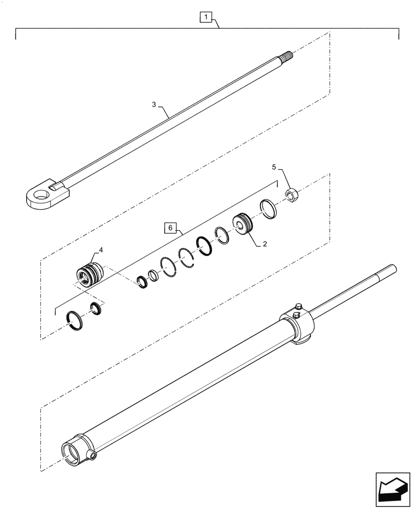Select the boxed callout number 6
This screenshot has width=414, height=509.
[171, 227]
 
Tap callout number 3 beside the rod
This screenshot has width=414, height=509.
[154, 105]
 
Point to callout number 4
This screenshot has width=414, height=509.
[101, 250]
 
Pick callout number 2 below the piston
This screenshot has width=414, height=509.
[265, 244]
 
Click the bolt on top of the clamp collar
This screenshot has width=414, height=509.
[298, 307]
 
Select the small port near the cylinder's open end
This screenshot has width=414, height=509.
[92, 454]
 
